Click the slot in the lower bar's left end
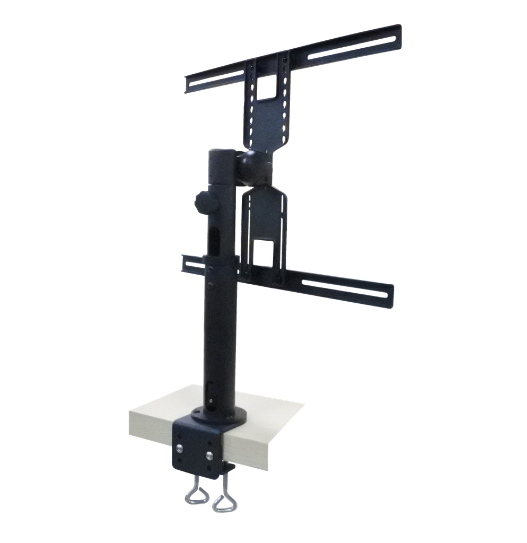[194, 264]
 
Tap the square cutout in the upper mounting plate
[267, 87]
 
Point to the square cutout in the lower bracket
[263, 252]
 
